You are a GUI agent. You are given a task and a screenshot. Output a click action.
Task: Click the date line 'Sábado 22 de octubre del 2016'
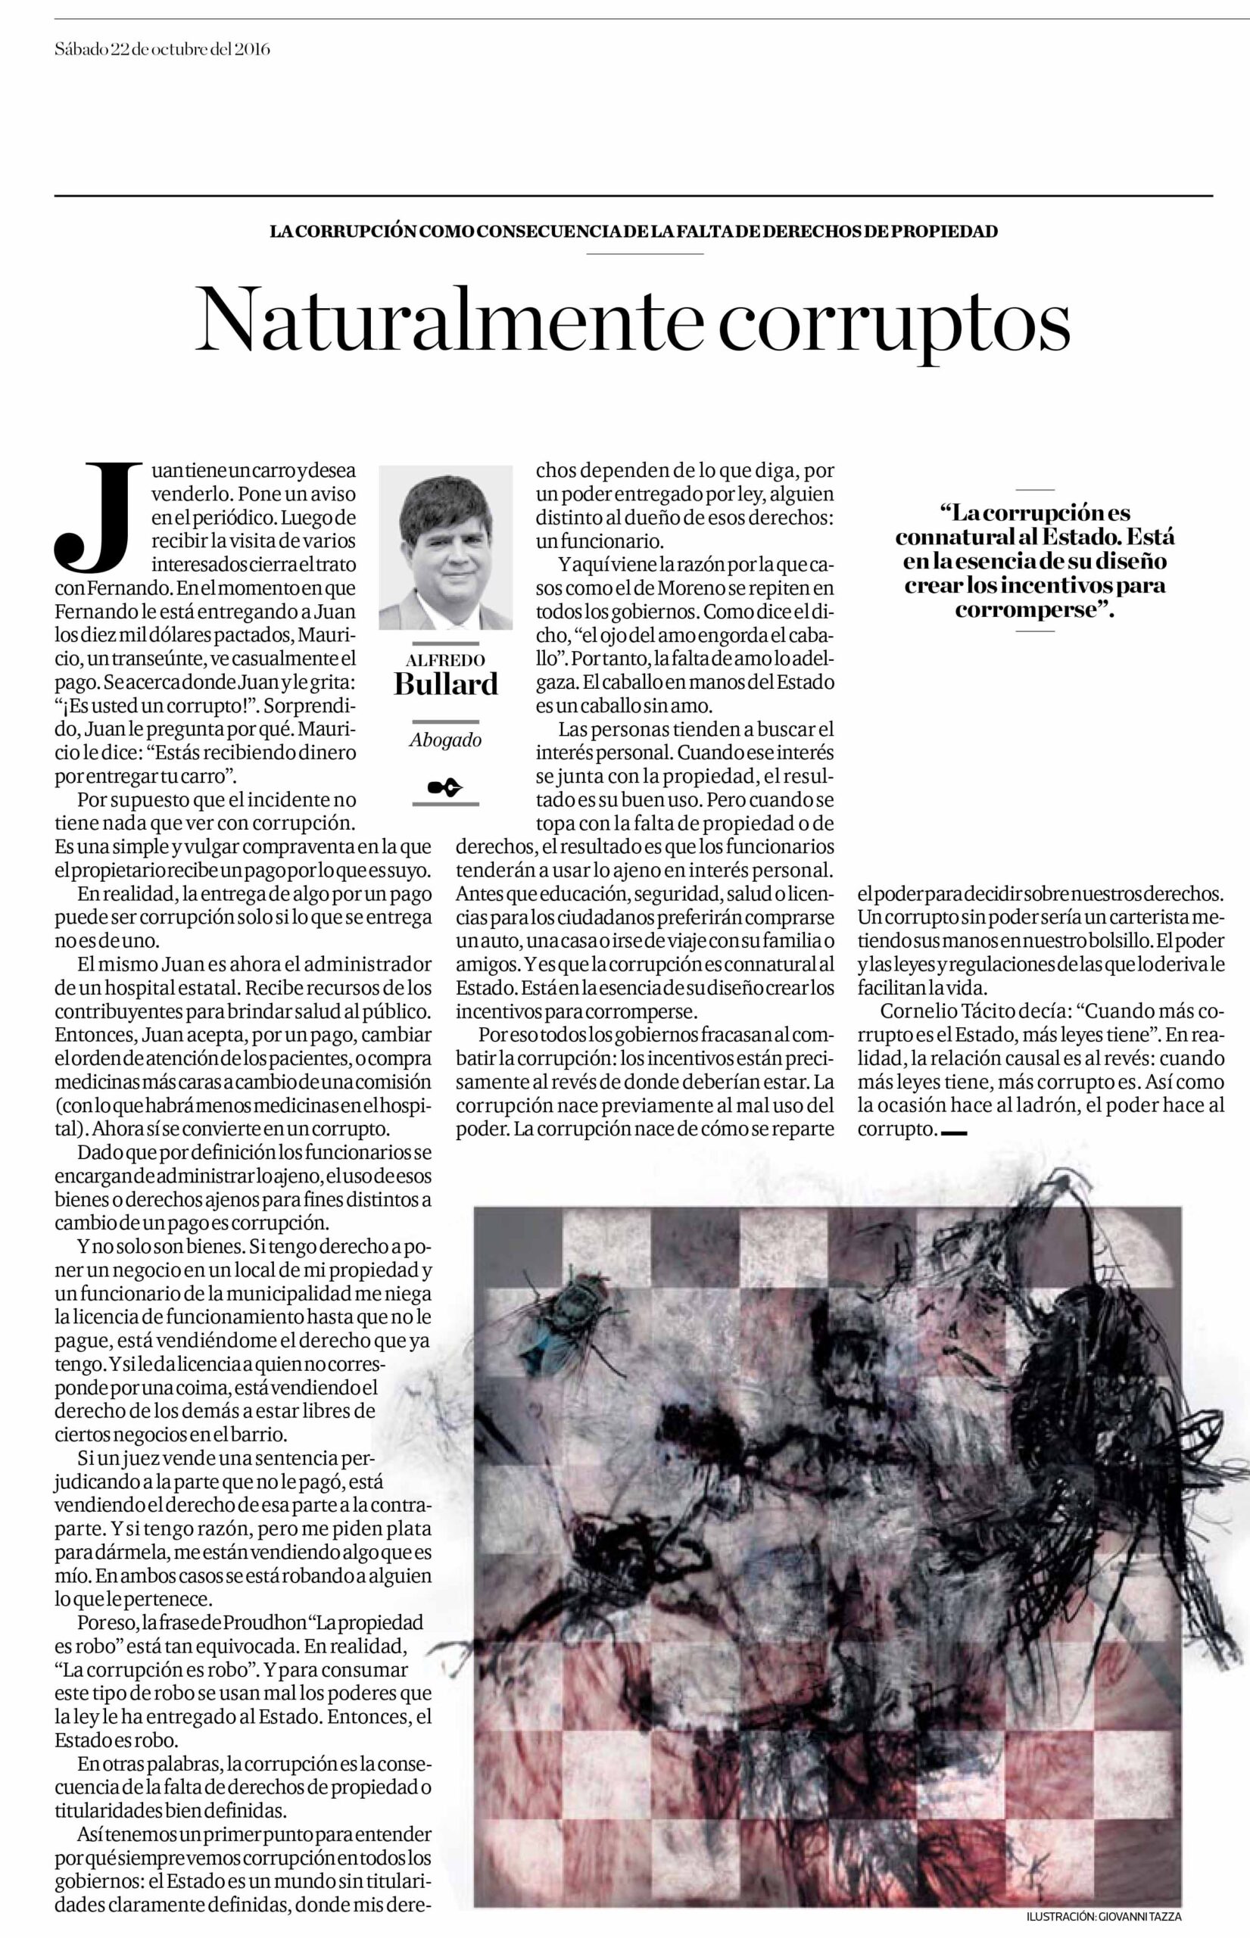click(162, 49)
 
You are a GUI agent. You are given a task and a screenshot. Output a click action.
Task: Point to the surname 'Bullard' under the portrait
click(446, 684)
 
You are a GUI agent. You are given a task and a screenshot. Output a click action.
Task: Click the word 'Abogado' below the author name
click(446, 740)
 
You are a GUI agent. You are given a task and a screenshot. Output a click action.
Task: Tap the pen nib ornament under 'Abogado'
click(446, 787)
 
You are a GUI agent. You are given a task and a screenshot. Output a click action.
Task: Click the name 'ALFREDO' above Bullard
click(446, 660)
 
